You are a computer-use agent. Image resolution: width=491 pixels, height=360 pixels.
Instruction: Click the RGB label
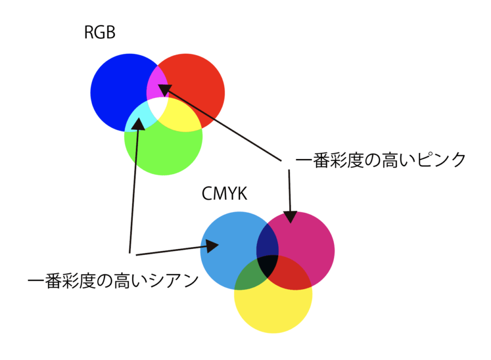(100, 34)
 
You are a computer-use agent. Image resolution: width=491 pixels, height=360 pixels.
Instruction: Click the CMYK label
(224, 195)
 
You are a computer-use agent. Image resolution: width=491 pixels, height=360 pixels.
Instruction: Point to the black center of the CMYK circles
(268, 265)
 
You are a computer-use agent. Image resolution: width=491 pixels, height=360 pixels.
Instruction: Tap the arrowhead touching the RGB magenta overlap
(164, 89)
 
